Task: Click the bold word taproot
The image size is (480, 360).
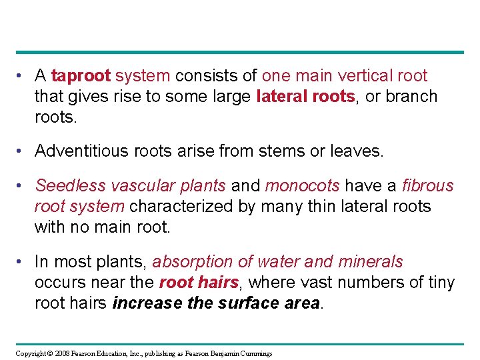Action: click(x=81, y=76)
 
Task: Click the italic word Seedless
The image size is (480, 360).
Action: click(x=67, y=185)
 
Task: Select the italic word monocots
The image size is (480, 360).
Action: click(x=302, y=185)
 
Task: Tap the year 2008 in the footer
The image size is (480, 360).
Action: click(x=62, y=353)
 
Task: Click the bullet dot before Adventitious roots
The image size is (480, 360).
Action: click(x=23, y=151)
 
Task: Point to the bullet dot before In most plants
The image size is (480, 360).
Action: click(x=23, y=261)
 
